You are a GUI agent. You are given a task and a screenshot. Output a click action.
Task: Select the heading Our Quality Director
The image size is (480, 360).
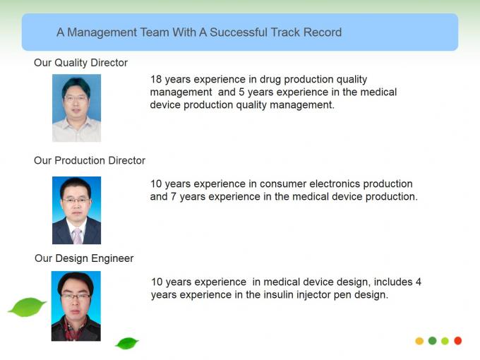point(80,63)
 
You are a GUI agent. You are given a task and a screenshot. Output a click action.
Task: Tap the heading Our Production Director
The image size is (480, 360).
point(90,160)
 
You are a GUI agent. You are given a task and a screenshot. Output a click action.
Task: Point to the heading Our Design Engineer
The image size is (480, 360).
point(84,258)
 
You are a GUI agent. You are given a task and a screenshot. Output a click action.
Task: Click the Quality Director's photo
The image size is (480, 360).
point(76,108)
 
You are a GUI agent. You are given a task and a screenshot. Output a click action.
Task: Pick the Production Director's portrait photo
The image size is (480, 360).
point(76,210)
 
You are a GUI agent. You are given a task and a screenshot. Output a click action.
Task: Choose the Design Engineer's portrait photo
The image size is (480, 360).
point(76,306)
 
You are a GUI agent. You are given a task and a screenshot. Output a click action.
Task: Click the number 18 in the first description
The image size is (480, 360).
point(156,79)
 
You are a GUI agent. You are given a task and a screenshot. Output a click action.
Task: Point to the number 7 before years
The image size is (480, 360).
point(173,196)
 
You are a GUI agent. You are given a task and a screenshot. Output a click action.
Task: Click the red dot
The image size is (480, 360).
point(458,341)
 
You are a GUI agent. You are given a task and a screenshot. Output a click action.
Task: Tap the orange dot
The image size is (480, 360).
point(419,341)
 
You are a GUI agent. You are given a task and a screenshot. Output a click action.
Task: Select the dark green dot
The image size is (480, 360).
point(432,340)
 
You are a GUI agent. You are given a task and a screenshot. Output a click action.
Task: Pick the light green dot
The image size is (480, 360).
point(445,341)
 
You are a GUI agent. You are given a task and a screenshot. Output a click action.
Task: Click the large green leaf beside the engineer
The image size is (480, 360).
point(27,307)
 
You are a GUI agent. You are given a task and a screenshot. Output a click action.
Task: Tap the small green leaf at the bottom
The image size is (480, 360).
point(127,343)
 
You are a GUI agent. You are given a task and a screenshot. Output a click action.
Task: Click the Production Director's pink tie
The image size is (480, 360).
point(77,236)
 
